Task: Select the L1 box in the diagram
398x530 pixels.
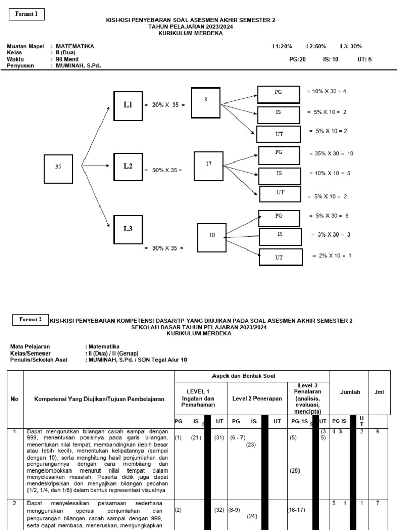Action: click(x=128, y=106)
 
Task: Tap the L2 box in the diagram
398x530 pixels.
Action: click(x=128, y=166)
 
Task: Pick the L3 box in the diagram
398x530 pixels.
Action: click(x=128, y=229)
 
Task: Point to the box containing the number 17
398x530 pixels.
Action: click(x=209, y=164)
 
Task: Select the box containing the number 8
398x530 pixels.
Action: click(x=206, y=100)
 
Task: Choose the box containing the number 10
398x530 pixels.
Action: click(x=212, y=235)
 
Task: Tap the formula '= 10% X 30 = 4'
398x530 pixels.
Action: click(x=326, y=91)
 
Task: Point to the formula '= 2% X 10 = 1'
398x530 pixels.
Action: click(x=332, y=256)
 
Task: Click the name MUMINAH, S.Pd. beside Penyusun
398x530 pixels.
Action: click(x=78, y=66)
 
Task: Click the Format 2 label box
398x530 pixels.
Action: click(x=31, y=320)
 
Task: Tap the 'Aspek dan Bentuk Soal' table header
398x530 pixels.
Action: click(x=252, y=376)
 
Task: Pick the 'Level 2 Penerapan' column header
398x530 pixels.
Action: click(x=257, y=399)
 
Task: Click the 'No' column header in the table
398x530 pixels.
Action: click(x=15, y=399)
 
